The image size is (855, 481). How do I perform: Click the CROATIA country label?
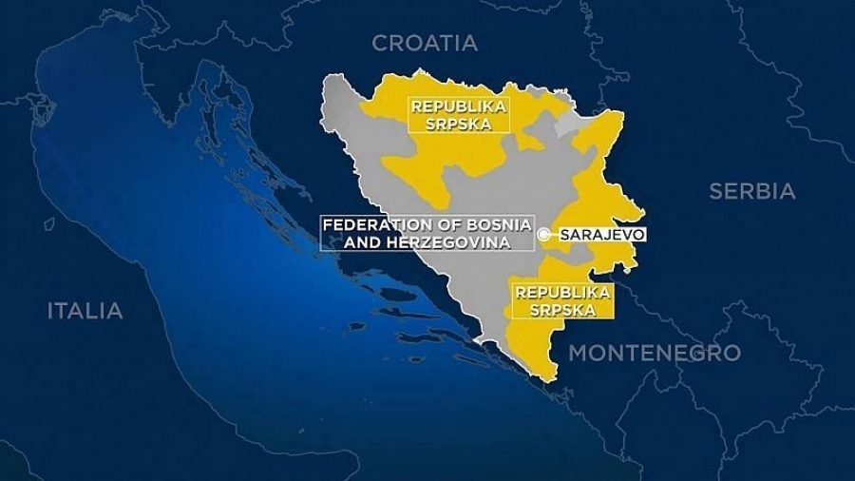pyautogui.click(x=425, y=43)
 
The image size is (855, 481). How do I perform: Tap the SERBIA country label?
pyautogui.click(x=751, y=191)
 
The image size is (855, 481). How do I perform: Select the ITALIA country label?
pyautogui.click(x=85, y=311)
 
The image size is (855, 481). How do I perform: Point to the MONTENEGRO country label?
pyautogui.click(x=654, y=353)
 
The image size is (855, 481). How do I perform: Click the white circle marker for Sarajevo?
pyautogui.click(x=543, y=234)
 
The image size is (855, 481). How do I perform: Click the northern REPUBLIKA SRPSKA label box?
pyautogui.click(x=459, y=115)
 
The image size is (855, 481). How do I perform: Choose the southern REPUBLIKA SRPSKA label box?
pyautogui.click(x=562, y=300)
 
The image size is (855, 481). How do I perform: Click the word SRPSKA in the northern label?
pyautogui.click(x=459, y=124)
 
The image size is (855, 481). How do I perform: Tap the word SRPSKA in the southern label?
pyautogui.click(x=562, y=310)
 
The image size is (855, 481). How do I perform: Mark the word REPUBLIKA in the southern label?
pyautogui.click(x=562, y=292)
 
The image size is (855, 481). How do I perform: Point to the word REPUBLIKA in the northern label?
pyautogui.click(x=459, y=106)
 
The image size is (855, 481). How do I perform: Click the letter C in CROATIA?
pyautogui.click(x=379, y=43)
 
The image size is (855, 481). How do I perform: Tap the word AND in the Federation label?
pyautogui.click(x=339, y=242)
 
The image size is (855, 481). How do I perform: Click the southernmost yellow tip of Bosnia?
pyautogui.click(x=549, y=378)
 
